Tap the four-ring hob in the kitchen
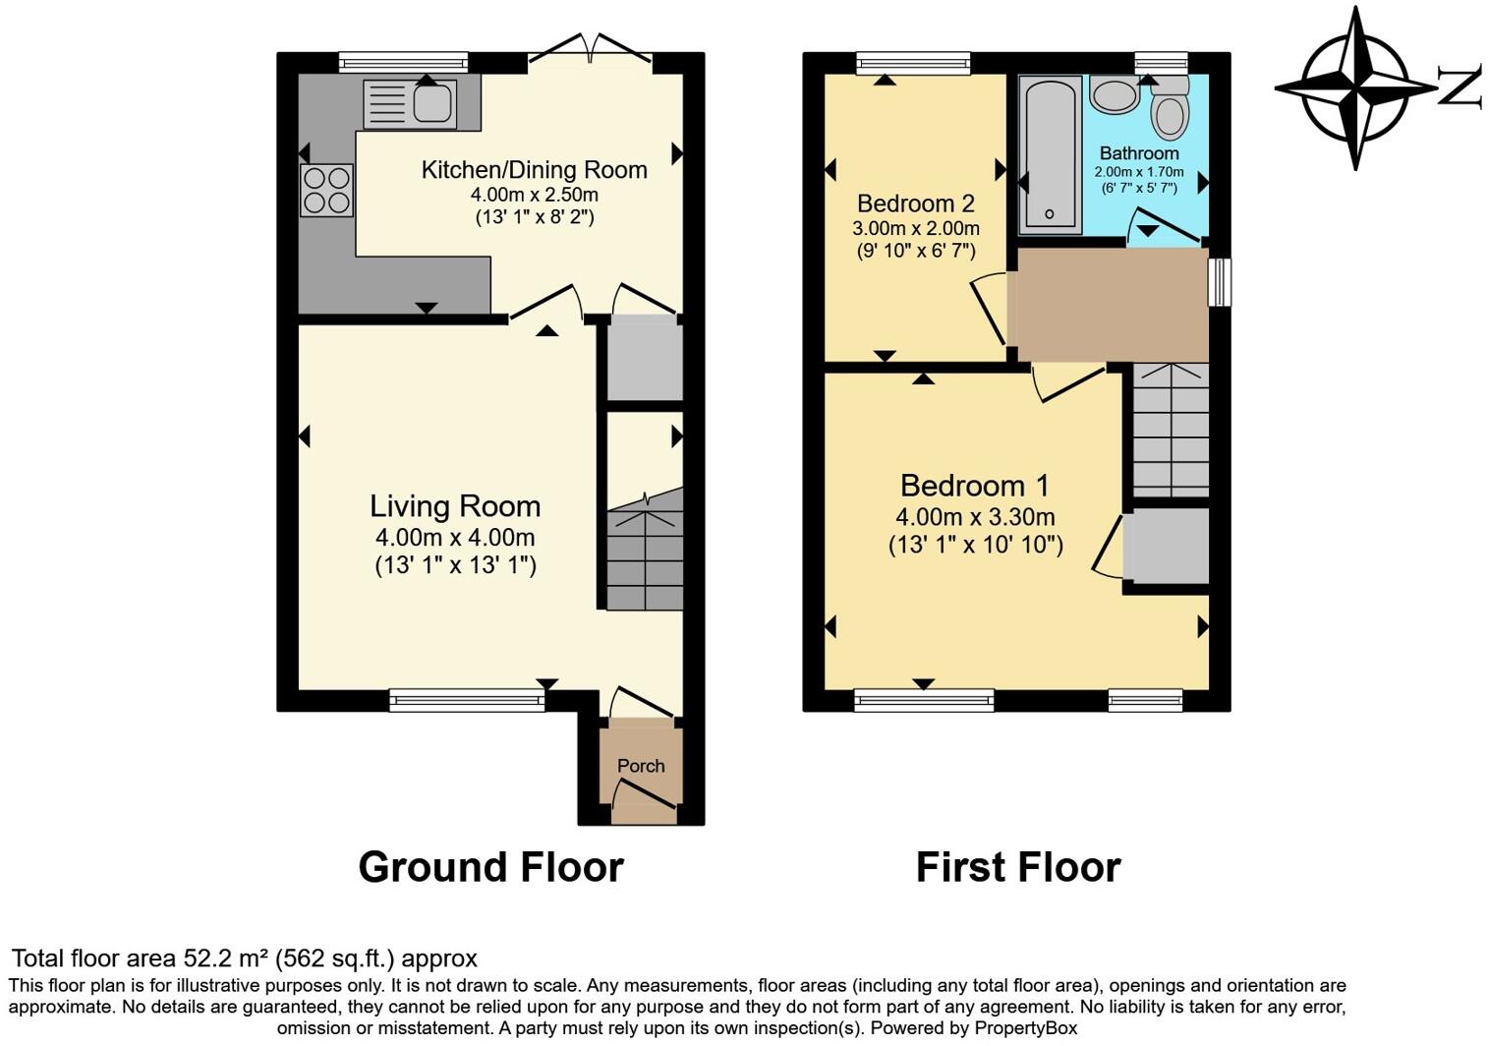pos(327,190)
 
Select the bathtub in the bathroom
pos(1051,155)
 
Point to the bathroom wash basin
pos(1115,94)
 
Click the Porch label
pos(641,766)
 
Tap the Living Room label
pos(455,506)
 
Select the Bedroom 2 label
pos(915,203)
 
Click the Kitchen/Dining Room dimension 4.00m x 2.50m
pos(534,195)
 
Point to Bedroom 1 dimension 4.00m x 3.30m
pos(975,516)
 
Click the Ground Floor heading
pos(490,867)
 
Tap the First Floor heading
pos(1018,867)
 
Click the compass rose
pos(1355,87)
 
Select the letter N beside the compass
pos(1460,87)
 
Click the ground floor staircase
pos(645,549)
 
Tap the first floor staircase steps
pos(1171,430)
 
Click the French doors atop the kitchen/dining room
pos(590,48)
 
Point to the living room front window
pos(467,700)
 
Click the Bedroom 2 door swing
pos(989,312)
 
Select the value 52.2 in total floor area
pos(201,959)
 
